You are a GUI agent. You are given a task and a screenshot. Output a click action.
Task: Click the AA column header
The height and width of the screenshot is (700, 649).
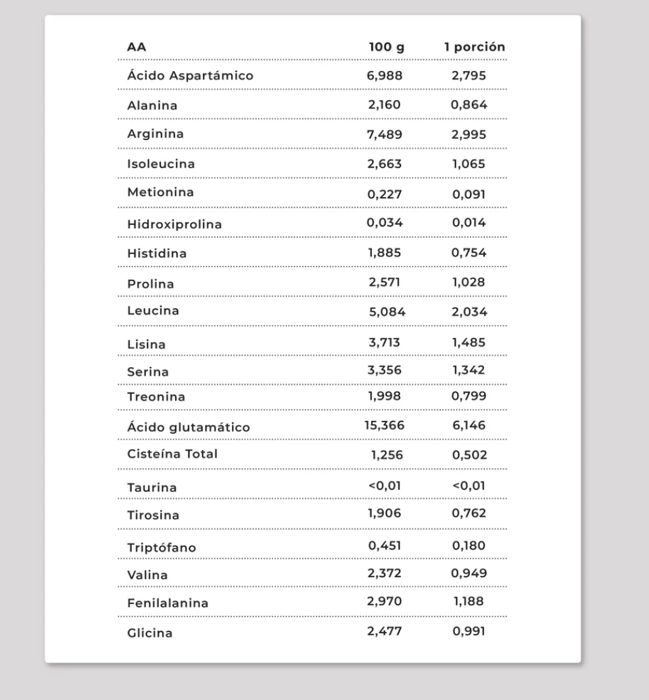pyautogui.click(x=137, y=47)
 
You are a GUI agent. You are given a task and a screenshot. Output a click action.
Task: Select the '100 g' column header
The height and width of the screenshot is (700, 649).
pyautogui.click(x=386, y=47)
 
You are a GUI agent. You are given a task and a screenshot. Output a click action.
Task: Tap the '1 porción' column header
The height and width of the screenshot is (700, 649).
pyautogui.click(x=475, y=47)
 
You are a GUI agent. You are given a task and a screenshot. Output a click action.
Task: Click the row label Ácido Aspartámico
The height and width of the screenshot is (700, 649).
pyautogui.click(x=190, y=76)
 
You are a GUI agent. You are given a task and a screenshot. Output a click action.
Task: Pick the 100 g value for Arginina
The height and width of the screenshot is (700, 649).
pyautogui.click(x=385, y=134)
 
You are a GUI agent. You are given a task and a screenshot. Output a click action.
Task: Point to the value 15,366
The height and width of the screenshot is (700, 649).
pyautogui.click(x=383, y=425)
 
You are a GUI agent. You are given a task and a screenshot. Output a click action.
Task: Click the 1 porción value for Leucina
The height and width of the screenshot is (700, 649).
pyautogui.click(x=469, y=312)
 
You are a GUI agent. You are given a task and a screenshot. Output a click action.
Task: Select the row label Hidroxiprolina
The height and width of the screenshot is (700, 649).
pyautogui.click(x=174, y=224)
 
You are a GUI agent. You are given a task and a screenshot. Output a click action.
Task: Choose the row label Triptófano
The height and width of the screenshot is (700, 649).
pyautogui.click(x=162, y=548)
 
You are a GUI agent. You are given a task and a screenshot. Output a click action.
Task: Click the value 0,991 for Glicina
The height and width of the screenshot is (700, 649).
pyautogui.click(x=469, y=632)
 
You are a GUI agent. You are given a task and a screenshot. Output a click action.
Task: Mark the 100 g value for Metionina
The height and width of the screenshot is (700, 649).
pyautogui.click(x=385, y=195)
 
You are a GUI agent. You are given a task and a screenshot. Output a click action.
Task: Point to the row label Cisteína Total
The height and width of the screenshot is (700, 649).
pyautogui.click(x=172, y=454)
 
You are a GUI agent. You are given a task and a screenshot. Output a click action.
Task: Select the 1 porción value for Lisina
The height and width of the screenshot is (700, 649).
pyautogui.click(x=469, y=343)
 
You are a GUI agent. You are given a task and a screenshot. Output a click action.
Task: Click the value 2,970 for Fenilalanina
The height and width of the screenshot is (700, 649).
pyautogui.click(x=385, y=601)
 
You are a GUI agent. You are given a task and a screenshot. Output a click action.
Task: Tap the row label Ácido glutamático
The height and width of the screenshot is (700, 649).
pyautogui.click(x=189, y=428)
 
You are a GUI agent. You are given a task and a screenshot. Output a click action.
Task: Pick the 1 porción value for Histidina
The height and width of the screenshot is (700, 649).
pyautogui.click(x=469, y=253)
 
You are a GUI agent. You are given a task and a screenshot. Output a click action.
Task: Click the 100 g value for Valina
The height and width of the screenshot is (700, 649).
pyautogui.click(x=385, y=573)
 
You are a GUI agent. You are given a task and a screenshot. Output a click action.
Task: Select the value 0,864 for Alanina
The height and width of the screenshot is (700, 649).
pyautogui.click(x=469, y=105)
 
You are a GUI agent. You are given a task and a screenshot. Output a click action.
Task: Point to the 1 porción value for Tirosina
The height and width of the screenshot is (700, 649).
pyautogui.click(x=469, y=514)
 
